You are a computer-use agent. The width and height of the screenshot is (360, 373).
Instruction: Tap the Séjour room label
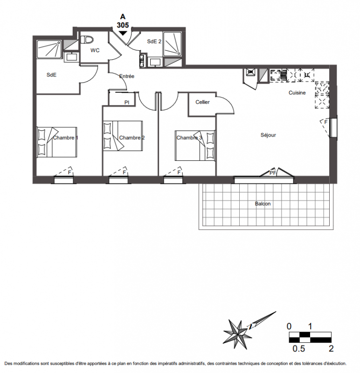[268, 135]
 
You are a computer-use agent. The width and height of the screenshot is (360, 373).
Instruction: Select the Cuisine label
[297, 93]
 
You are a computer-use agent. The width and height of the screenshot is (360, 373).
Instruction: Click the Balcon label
[263, 204]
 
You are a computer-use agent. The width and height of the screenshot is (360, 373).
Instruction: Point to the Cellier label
[202, 102]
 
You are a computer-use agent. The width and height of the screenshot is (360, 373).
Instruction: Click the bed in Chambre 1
[56, 142]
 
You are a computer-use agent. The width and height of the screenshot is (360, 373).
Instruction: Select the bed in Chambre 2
[123, 136]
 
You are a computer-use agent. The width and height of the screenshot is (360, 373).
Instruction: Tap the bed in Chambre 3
[195, 145]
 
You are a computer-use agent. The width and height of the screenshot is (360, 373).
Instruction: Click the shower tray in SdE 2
[173, 44]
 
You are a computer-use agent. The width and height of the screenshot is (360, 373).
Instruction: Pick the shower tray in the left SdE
[49, 49]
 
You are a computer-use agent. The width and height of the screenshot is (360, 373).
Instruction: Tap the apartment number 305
[123, 25]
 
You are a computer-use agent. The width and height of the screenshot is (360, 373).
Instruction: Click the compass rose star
[237, 333]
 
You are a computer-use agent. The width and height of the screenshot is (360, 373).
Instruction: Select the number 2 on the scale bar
[331, 348]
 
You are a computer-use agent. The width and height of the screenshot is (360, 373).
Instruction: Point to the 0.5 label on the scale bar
[298, 348]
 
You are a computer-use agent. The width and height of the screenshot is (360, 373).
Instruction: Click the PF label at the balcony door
[273, 173]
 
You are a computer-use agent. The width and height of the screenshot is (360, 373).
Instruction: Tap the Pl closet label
[127, 103]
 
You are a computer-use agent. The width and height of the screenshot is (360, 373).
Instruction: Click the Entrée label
[127, 76]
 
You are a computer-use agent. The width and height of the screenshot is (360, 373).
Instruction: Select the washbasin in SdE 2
[155, 62]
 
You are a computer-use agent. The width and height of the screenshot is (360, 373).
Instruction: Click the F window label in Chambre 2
[124, 173]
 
